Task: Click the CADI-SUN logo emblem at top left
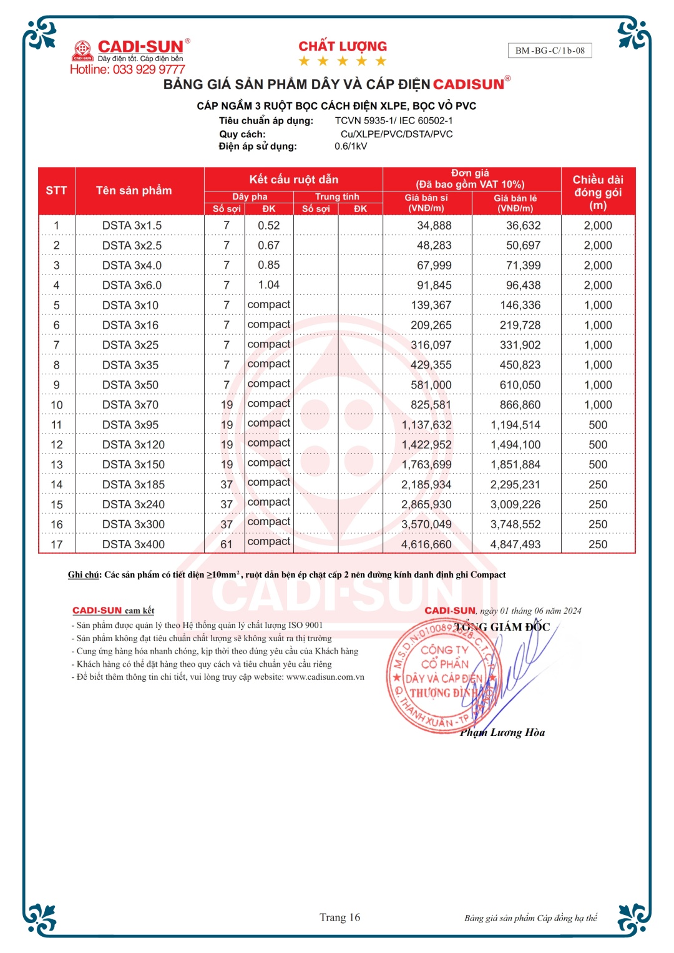coord(82,50)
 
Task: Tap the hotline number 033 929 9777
coord(149,69)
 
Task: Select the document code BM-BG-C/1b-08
coord(550,51)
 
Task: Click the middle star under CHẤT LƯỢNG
coord(343,61)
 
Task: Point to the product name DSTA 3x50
coord(130,385)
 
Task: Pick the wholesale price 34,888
coord(434,226)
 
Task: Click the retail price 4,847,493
coord(515,544)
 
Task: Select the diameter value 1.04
coord(269,285)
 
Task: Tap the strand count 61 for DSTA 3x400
coord(227,544)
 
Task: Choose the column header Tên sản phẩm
coord(134,191)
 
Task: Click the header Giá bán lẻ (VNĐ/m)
coord(515,203)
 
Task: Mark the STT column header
coord(56,191)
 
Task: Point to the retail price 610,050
coord(520,385)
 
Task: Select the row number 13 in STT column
coord(57,465)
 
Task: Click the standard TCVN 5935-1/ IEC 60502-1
coord(394,120)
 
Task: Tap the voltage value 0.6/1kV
coord(351,146)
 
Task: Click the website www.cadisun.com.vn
coord(325,677)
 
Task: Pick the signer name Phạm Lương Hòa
coord(502,732)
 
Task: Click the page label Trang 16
coord(339,917)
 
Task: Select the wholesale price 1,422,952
coord(427,445)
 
